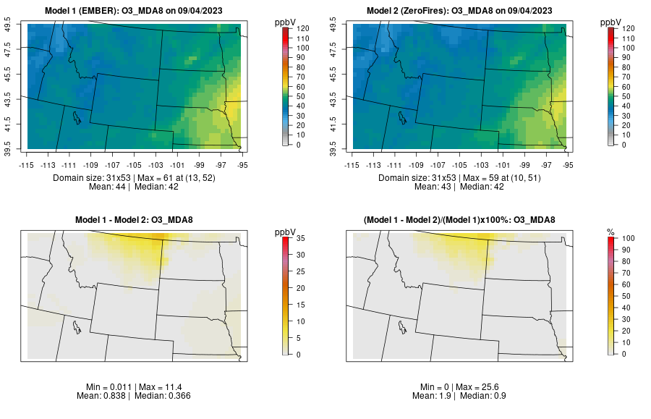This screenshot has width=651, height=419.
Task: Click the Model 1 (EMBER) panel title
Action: click(137, 11)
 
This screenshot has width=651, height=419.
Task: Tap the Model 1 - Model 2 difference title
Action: click(137, 220)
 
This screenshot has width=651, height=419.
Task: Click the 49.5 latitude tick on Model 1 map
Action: click(10, 25)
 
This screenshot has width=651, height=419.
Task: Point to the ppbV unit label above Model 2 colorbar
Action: click(610, 22)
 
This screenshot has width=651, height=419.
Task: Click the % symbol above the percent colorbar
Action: click(610, 232)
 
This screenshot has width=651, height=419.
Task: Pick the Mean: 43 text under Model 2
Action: click(437, 187)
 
